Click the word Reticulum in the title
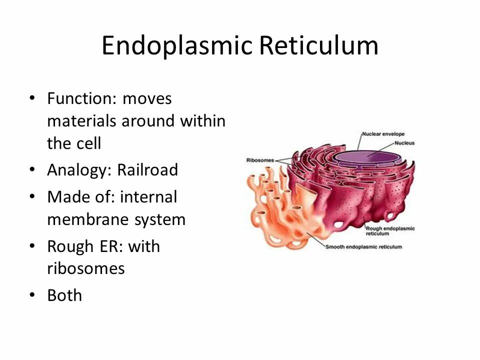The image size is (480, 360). click(318, 46)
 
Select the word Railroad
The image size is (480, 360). click(147, 170)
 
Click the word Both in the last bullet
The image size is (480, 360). click(64, 295)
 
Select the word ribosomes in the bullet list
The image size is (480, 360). click(86, 269)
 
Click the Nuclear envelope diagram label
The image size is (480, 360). click(383, 134)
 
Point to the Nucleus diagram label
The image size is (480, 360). click(404, 143)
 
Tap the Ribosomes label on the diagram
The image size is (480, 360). click(260, 160)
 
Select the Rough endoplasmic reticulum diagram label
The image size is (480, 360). click(390, 231)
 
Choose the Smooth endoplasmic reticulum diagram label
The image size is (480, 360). click(363, 247)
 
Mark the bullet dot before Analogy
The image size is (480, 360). click(32, 170)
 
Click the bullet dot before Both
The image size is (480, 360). click(32, 295)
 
